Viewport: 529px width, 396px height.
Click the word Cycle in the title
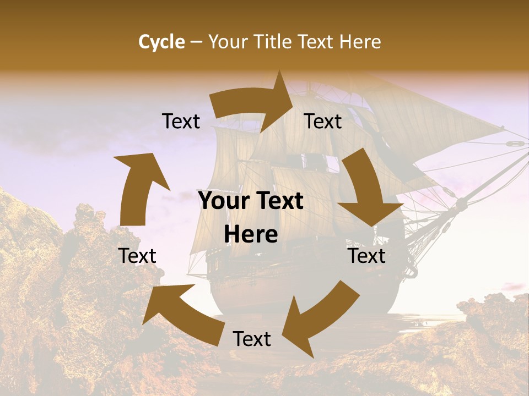pyautogui.click(x=161, y=42)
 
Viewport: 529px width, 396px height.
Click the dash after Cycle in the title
pyautogui.click(x=196, y=42)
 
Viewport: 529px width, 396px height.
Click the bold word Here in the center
pyautogui.click(x=251, y=235)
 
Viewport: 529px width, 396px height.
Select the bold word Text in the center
pyautogui.click(x=279, y=201)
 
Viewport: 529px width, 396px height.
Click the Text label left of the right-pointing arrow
pyautogui.click(x=181, y=122)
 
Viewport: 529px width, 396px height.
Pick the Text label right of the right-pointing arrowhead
pyautogui.click(x=323, y=122)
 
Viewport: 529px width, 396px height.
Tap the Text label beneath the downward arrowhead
pyautogui.click(x=366, y=256)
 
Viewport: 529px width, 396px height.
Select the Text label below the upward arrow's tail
pyautogui.click(x=137, y=256)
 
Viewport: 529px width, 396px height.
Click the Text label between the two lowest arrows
pyautogui.click(x=252, y=339)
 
